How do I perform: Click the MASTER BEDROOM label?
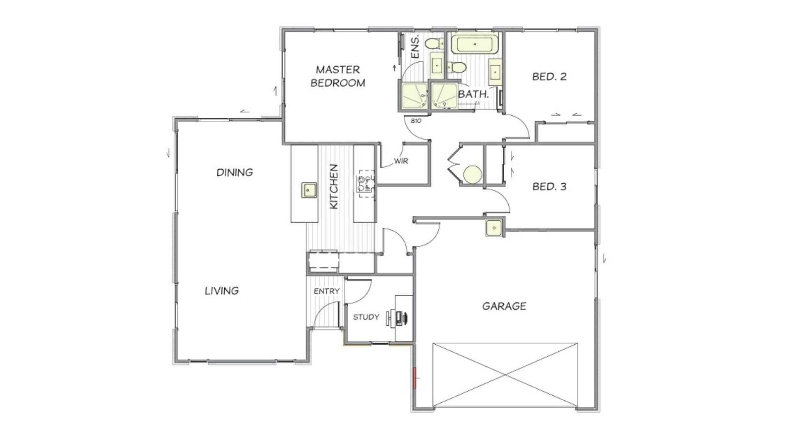click(x=338, y=76)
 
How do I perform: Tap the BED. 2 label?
click(x=549, y=77)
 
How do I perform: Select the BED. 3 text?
click(x=549, y=187)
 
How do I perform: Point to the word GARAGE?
click(x=504, y=306)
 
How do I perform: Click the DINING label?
click(x=235, y=172)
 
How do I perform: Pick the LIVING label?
click(x=222, y=291)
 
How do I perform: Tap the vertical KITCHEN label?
click(x=334, y=187)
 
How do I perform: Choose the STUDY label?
click(x=366, y=317)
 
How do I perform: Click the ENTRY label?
click(x=327, y=291)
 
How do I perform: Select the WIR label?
click(x=401, y=161)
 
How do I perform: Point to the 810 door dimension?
click(x=416, y=121)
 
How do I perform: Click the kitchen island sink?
click(x=308, y=190)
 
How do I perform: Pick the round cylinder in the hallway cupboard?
click(x=472, y=174)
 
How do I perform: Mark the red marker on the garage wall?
click(x=414, y=378)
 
